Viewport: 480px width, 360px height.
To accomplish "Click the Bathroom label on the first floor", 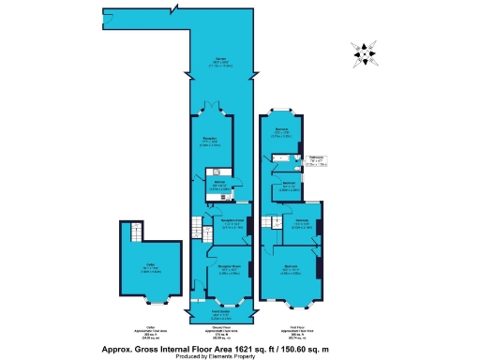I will (x=318, y=158).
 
